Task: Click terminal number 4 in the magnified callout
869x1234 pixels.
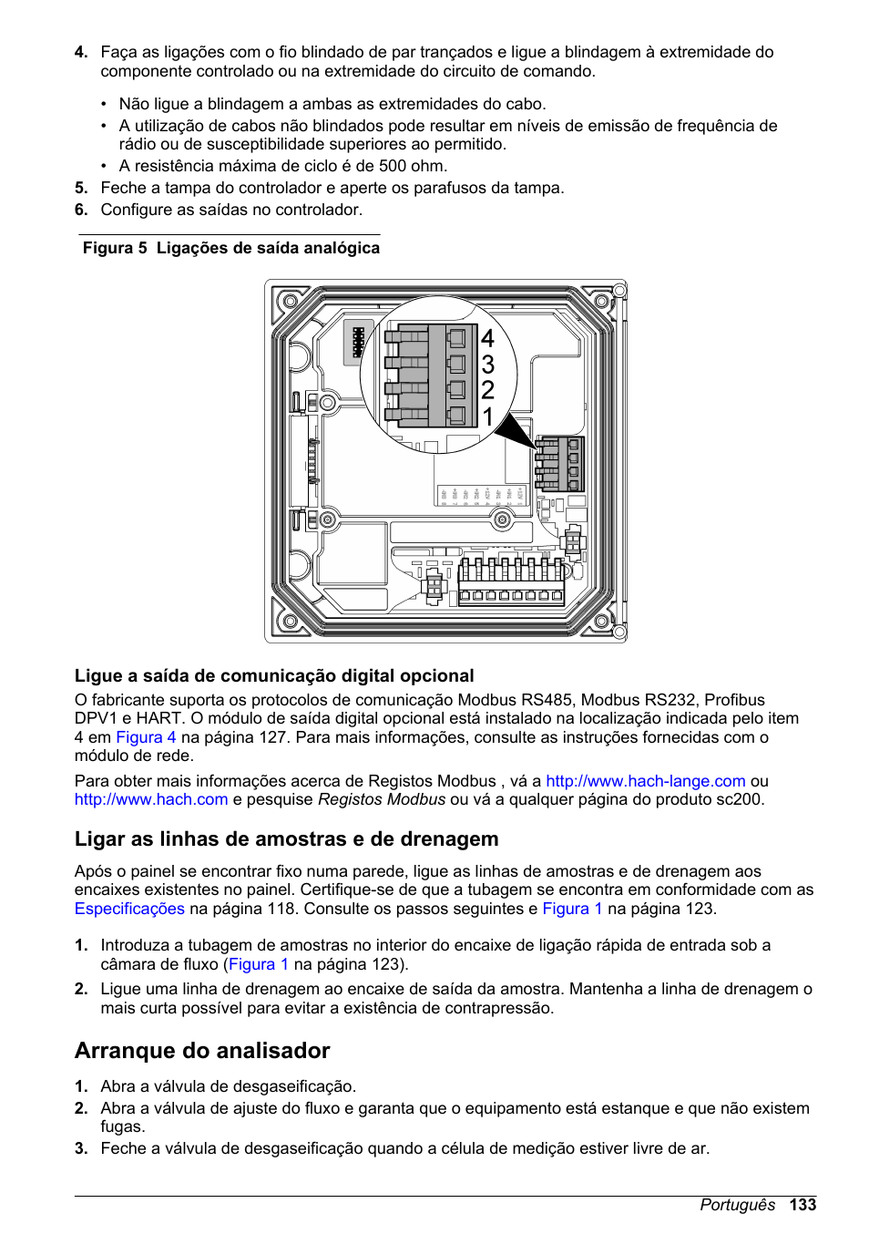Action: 487,339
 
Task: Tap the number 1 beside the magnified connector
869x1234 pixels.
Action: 487,416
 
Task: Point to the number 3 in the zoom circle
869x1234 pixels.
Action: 487,365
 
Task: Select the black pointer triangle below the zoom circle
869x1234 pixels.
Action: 516,430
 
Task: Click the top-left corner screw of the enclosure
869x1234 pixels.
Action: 291,301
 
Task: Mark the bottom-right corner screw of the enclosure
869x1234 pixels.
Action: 601,622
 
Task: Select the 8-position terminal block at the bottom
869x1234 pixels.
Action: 510,582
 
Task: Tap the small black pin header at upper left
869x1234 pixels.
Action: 358,342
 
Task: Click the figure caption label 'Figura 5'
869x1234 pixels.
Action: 115,248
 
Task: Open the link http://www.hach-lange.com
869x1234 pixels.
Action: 645,781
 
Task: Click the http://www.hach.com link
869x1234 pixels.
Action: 151,799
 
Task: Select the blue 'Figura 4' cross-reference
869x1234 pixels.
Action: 146,737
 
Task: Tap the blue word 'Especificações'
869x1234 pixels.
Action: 129,909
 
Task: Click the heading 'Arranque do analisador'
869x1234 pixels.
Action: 202,1051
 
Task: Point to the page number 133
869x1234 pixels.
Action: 803,1205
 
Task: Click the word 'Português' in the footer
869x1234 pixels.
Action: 737,1205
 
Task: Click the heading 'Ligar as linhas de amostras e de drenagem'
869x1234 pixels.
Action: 286,838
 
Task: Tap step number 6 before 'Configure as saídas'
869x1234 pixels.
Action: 81,210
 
